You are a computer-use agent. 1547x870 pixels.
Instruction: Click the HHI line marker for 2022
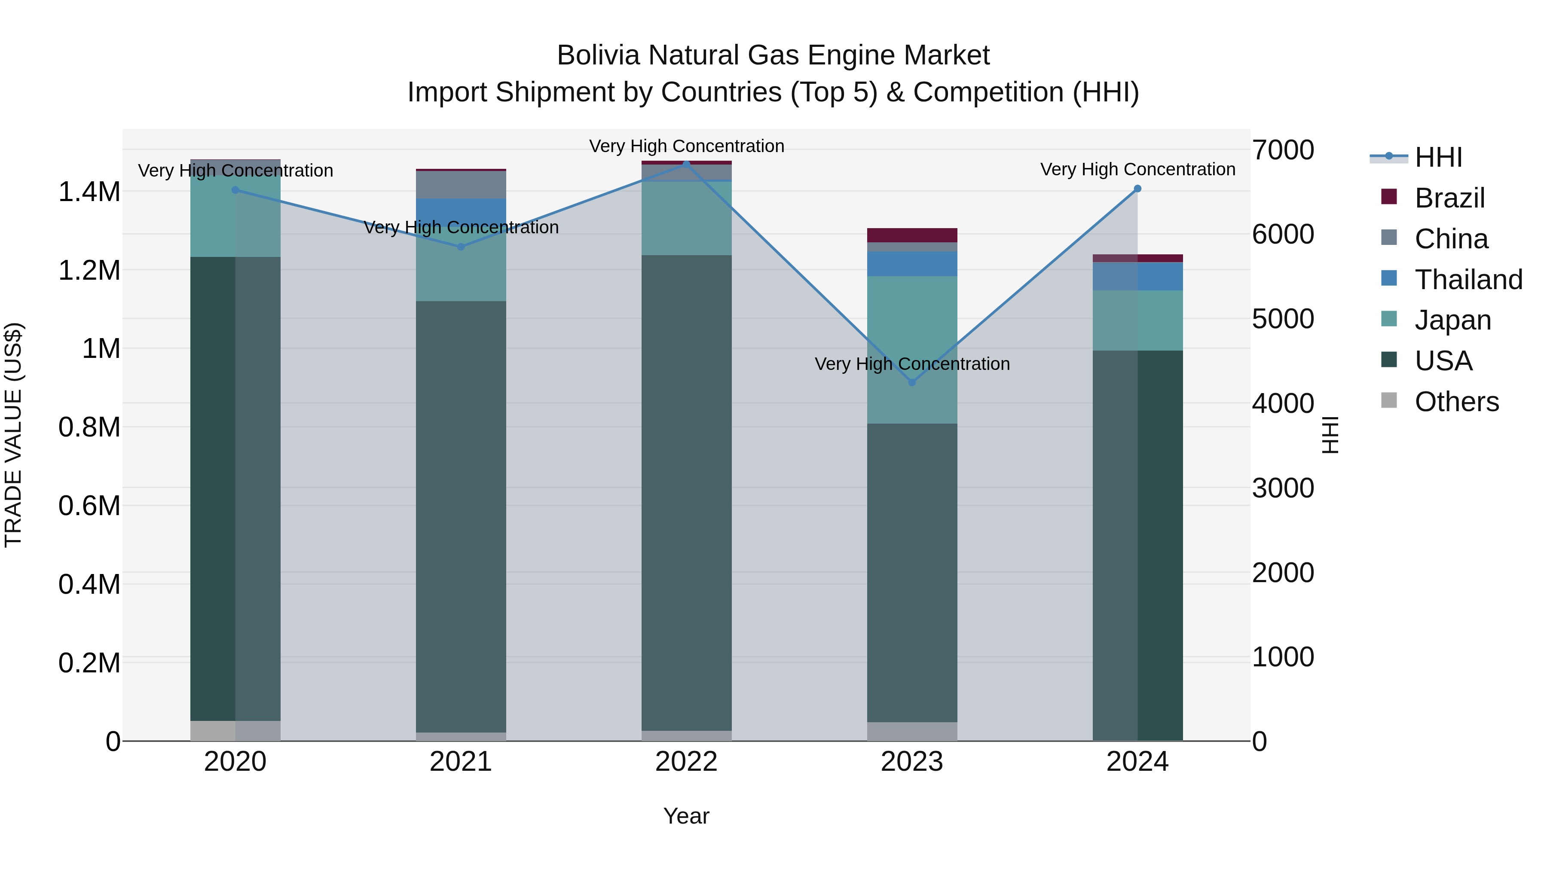point(686,164)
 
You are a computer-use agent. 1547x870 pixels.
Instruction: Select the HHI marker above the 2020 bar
point(235,190)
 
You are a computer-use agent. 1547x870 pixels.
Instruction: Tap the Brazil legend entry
point(1449,198)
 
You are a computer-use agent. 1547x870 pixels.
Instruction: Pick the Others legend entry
point(1456,402)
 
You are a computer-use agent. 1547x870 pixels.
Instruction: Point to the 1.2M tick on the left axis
point(89,271)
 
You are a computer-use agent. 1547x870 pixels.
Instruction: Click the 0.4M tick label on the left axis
point(89,584)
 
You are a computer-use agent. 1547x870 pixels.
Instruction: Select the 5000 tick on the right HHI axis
point(1283,319)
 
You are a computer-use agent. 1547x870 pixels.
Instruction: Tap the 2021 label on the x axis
point(461,761)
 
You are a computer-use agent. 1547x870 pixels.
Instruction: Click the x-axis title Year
point(686,816)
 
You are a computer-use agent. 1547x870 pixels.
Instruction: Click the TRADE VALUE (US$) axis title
point(13,435)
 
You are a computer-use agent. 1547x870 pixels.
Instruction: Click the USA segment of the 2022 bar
point(686,492)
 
